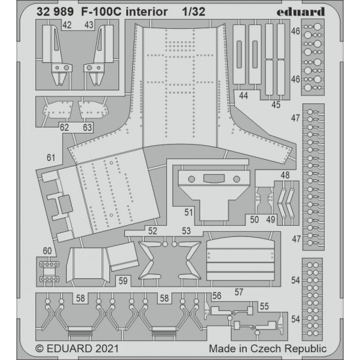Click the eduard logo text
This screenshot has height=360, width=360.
tap(300, 12)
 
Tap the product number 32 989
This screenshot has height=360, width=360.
tap(55, 12)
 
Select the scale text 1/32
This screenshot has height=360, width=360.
tap(194, 12)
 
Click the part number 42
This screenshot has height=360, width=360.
tap(67, 25)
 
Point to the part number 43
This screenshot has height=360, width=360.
tap(89, 25)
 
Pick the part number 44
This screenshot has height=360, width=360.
tap(243, 96)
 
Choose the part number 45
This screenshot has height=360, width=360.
tap(276, 105)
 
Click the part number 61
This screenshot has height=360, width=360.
tap(51, 158)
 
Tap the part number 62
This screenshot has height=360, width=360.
tap(64, 128)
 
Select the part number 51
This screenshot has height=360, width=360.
tap(189, 212)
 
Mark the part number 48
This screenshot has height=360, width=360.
tap(285, 175)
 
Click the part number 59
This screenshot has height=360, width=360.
tap(123, 281)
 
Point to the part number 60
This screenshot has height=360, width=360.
tap(47, 251)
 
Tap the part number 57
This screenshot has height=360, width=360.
tap(239, 292)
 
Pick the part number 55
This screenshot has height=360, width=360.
tap(264, 306)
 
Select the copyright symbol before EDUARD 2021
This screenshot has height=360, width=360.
tap(39, 348)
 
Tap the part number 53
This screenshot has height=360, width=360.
tap(186, 231)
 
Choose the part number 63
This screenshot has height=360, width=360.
tap(87, 128)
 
